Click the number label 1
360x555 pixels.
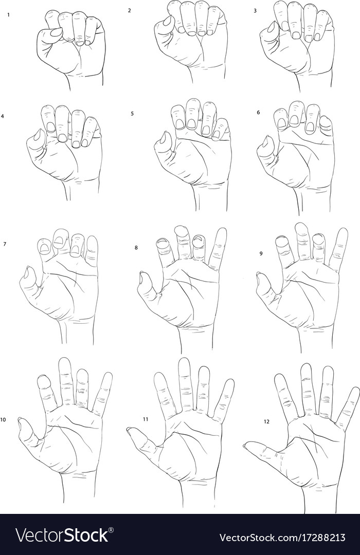(x=8, y=15)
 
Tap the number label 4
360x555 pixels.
(x=3, y=116)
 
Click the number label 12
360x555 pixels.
(x=266, y=421)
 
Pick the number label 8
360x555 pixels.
(x=136, y=247)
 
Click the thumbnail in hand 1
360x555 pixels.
(x=56, y=32)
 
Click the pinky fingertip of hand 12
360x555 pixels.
(x=354, y=391)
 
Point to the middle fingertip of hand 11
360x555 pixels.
(x=184, y=361)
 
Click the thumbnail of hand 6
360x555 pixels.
(x=266, y=141)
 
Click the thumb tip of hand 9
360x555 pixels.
(x=259, y=276)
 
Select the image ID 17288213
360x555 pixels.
(x=324, y=538)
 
